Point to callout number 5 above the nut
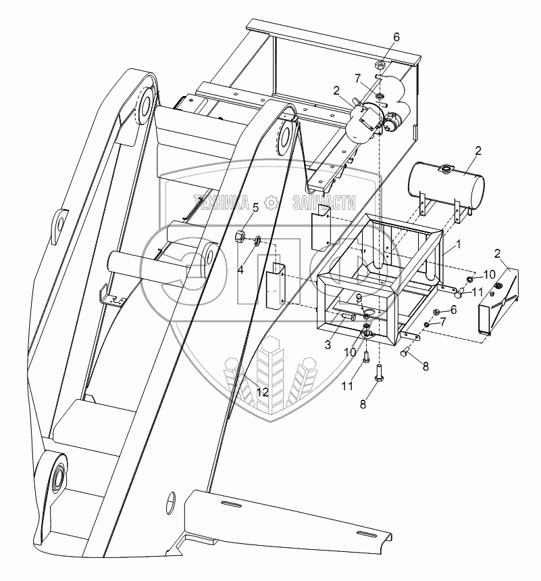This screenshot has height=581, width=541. [x=255, y=208]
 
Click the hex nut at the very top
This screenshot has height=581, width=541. [x=380, y=66]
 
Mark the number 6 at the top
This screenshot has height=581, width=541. [x=396, y=37]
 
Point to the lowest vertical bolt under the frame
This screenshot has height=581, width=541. [x=379, y=370]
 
